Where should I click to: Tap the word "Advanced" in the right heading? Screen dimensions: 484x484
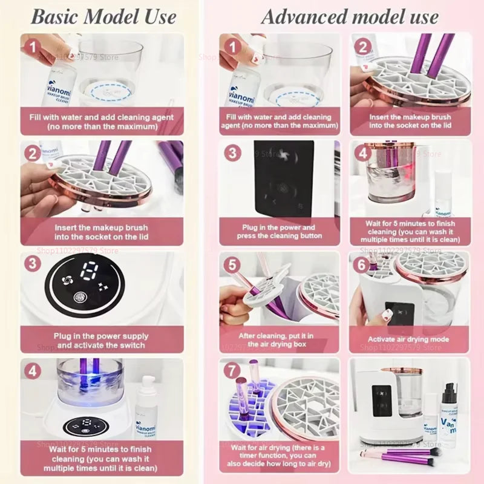click(x=303, y=16)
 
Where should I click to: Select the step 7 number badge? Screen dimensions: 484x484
click(x=232, y=370)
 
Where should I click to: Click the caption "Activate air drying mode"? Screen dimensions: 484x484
click(x=408, y=339)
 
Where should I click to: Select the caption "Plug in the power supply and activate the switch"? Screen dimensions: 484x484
click(x=101, y=341)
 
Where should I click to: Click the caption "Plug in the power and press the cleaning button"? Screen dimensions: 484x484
click(x=280, y=231)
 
